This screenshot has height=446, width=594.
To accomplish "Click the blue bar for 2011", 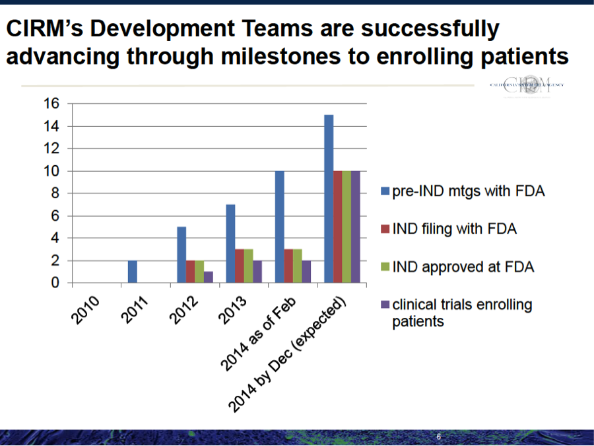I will pyautogui.click(x=132, y=272).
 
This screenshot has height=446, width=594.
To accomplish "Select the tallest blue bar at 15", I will pyautogui.click(x=329, y=199).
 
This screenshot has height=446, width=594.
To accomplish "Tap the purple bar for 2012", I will pyautogui.click(x=209, y=277).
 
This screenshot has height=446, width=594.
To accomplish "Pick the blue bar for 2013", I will pyautogui.click(x=230, y=244).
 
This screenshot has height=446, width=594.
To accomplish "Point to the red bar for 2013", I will pyautogui.click(x=240, y=266).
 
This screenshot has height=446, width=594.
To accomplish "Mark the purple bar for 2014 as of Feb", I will pyautogui.click(x=307, y=272).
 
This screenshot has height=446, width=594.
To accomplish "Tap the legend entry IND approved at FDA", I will pyautogui.click(x=463, y=267).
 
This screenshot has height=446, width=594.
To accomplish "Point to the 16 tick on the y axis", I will pyautogui.click(x=52, y=104).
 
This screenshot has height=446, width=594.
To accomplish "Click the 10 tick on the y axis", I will pyautogui.click(x=52, y=171).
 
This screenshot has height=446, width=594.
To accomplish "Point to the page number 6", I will pyautogui.click(x=438, y=437).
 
